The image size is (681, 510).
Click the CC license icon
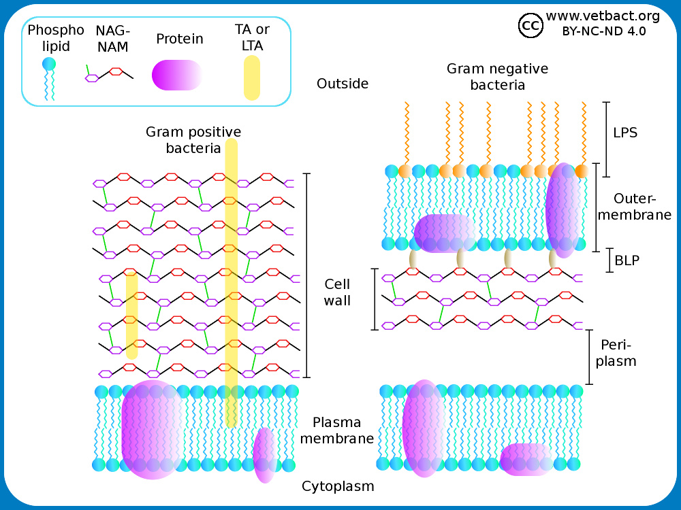[x=530, y=25]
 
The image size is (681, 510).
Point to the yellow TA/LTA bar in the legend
[x=252, y=78]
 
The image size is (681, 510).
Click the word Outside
[x=343, y=84]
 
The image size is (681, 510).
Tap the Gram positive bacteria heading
[x=193, y=139]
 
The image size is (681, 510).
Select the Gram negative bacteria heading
[x=497, y=77]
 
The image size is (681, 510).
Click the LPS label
[x=625, y=133]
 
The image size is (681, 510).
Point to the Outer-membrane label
[x=634, y=207]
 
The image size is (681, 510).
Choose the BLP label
[x=627, y=260]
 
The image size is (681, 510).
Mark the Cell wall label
[x=338, y=292]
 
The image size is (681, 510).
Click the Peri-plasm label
[x=616, y=352]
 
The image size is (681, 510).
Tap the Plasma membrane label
[x=337, y=430]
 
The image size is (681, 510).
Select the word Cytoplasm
[x=338, y=486]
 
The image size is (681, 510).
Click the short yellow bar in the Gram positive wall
[x=132, y=316]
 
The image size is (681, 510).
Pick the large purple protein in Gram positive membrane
[x=151, y=430]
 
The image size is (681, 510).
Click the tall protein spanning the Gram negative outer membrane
[x=565, y=209]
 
